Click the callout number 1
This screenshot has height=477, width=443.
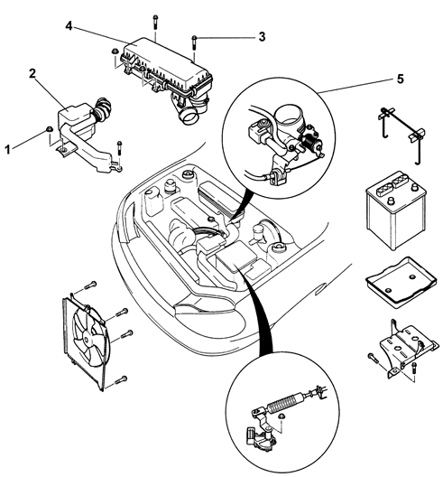click(x=7, y=150)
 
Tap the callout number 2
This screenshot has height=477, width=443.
click(x=32, y=73)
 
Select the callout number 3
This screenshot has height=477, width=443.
click(x=262, y=37)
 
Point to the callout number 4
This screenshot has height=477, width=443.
click(x=69, y=26)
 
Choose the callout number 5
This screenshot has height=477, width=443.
click(x=401, y=79)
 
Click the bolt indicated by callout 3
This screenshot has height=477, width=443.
click(x=194, y=43)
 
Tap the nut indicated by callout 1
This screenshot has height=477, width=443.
click(x=49, y=129)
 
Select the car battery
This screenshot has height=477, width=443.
click(x=396, y=210)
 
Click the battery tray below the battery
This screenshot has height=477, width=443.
click(x=401, y=283)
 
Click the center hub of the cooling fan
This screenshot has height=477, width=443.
click(x=87, y=340)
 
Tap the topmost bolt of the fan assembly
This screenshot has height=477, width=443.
click(x=90, y=285)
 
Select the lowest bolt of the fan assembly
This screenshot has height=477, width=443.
click(x=121, y=380)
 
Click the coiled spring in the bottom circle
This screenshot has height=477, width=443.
click(x=284, y=402)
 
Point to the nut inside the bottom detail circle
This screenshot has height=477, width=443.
click(x=281, y=416)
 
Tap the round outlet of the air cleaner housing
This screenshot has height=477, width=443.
click(x=189, y=117)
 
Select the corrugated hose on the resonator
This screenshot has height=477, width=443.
click(x=102, y=109)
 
